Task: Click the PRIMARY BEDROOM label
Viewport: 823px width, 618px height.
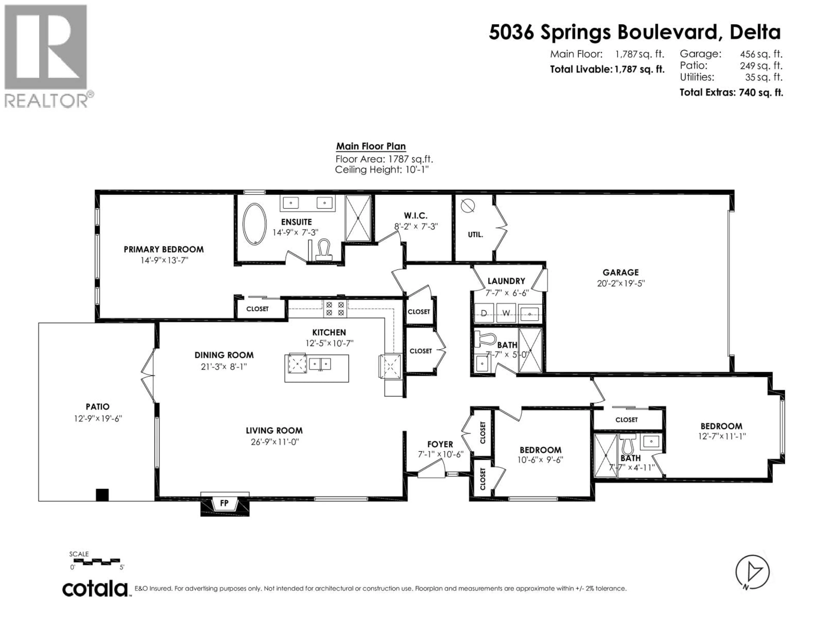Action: (164, 249)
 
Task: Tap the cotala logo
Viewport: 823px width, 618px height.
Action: (95, 589)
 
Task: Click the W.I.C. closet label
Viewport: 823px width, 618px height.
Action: (416, 215)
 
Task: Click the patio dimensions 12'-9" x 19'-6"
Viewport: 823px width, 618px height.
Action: (98, 418)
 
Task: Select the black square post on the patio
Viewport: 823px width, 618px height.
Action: (102, 494)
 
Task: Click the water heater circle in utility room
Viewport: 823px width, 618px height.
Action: (468, 206)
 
